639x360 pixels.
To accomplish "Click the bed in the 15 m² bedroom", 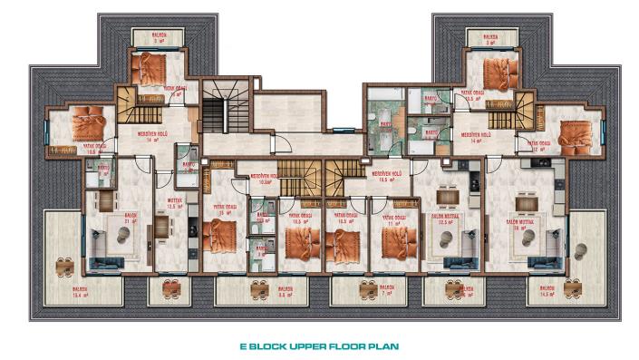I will [220, 236].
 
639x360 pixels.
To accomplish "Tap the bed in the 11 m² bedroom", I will [399, 242].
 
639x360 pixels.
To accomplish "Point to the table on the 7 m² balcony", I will [368, 287].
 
